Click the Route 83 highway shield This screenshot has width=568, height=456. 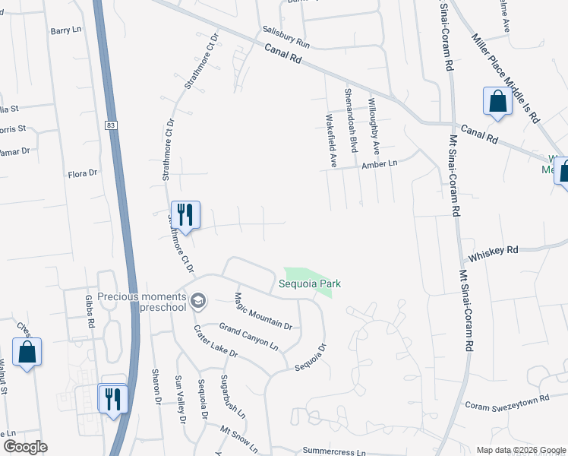(112, 125)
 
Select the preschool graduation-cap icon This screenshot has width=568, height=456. (198, 301)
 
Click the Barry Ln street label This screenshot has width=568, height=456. (65, 30)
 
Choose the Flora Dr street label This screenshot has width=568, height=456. (83, 173)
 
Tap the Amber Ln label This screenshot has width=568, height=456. (380, 164)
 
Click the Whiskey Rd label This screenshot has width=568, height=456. (494, 249)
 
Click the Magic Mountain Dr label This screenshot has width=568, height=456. (263, 311)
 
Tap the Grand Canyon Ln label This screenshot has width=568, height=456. (249, 335)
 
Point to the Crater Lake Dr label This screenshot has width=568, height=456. (216, 343)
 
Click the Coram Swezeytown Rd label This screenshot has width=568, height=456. (506, 404)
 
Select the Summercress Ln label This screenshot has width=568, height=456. (334, 451)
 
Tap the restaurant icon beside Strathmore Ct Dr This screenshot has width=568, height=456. (185, 214)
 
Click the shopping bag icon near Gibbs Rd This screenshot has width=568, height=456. (27, 352)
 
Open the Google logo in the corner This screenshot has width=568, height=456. (25, 447)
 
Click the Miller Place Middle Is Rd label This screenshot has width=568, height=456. (505, 78)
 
